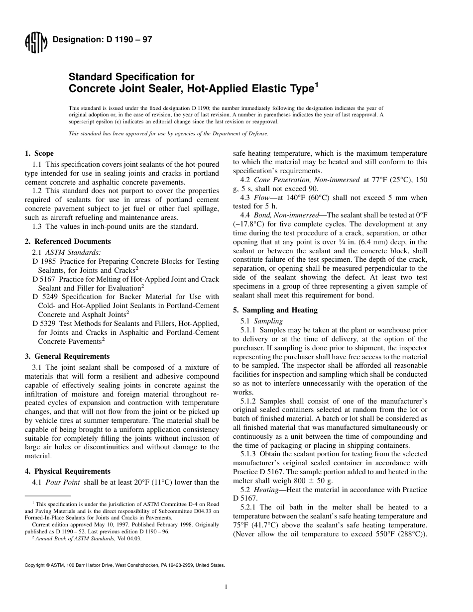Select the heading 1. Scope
[x=39, y=153]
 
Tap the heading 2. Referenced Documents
[x=68, y=241]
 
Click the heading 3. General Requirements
[x=67, y=356]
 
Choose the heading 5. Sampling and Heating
[x=275, y=310]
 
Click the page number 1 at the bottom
[x=226, y=587]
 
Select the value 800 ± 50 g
[x=308, y=481]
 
